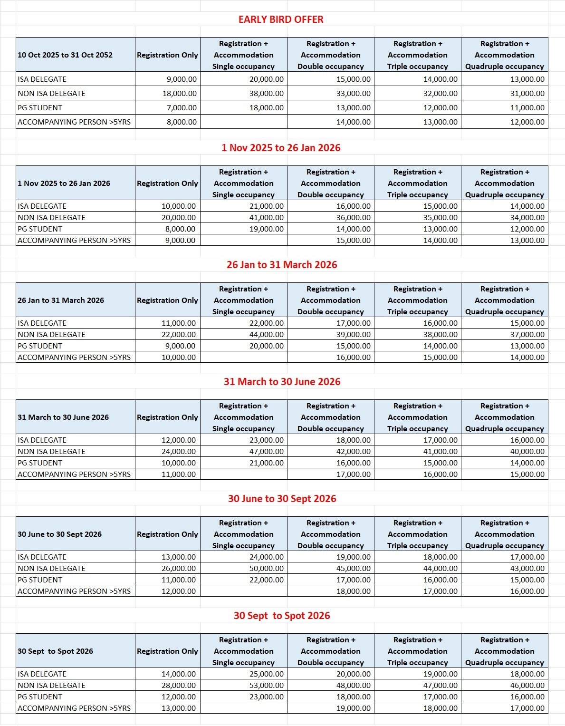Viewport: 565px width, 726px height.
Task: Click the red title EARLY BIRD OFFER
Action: point(281,19)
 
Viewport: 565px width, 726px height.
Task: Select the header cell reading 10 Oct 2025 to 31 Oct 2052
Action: point(65,55)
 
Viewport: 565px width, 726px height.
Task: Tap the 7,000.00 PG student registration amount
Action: point(182,108)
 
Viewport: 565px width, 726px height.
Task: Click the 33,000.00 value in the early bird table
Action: point(354,94)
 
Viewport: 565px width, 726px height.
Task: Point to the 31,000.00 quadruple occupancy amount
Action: point(527,94)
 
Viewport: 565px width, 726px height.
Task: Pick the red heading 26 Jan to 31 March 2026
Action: point(282,265)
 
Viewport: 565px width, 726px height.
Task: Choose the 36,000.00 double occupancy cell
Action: point(354,218)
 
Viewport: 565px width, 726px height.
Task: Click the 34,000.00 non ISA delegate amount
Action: point(527,218)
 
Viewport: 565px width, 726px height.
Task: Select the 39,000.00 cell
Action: point(354,335)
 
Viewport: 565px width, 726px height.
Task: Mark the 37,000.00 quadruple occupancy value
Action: point(527,335)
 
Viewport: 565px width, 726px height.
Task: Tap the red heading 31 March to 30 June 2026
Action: point(282,382)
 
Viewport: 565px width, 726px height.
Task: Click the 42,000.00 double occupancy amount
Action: point(354,452)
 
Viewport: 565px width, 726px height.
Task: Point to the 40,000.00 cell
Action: point(527,452)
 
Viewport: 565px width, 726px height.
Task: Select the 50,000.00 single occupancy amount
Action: point(267,569)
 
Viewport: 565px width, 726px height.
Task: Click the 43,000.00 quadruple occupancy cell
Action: point(527,569)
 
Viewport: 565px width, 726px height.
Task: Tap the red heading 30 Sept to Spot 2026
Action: point(282,616)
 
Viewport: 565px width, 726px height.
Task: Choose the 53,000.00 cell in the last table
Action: point(267,686)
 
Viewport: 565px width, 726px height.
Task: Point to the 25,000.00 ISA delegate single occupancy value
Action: point(267,674)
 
